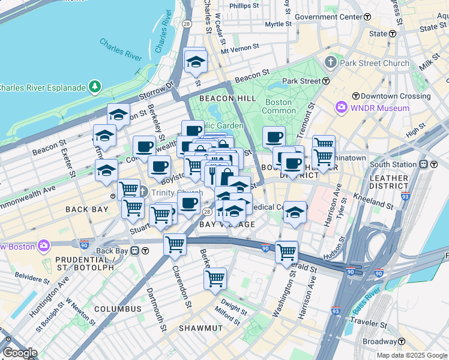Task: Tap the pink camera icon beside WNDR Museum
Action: pos(342,108)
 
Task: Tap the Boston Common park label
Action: pos(279,106)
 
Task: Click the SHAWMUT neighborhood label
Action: pos(200,328)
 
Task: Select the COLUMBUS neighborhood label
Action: pos(118,309)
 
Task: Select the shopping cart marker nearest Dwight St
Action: pos(215,277)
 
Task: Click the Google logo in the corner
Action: pos(20,353)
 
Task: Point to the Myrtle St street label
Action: pos(278,24)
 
